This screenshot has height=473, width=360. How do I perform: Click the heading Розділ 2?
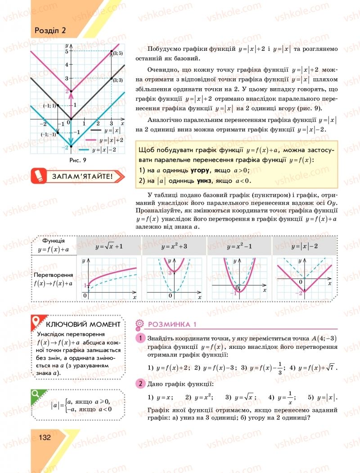50,31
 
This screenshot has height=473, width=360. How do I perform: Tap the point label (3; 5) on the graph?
117,53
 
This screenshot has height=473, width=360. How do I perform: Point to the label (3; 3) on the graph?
117,80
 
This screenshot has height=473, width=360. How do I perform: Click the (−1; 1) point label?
49,106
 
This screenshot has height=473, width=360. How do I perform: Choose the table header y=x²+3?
174,247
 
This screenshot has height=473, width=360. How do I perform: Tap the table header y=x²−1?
239,247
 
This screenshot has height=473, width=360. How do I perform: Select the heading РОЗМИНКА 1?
172,324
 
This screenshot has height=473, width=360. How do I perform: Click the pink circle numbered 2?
140,384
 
